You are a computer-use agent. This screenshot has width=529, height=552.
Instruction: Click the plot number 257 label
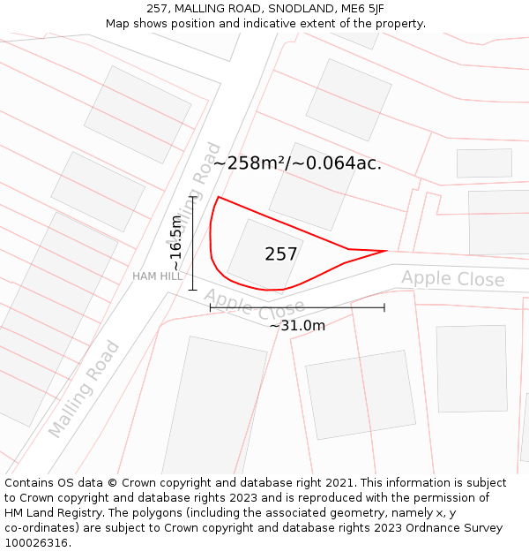coord(280,254)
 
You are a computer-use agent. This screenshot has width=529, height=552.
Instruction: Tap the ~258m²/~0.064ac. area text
coord(297,163)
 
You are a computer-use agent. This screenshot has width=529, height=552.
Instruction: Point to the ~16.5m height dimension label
coord(176,243)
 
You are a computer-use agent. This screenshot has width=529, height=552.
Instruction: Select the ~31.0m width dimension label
coord(297,326)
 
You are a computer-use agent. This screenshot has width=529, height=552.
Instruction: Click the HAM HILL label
coord(158,276)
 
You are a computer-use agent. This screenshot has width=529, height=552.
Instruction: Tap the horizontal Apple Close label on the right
coord(453,279)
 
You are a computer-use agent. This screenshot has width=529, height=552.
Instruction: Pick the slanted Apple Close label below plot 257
coord(254,306)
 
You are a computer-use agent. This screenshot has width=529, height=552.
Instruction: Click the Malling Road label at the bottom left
coord(83,389)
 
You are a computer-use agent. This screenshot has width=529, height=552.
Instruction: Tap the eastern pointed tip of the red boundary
coord(386,251)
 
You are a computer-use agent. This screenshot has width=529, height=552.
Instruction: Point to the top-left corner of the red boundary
coord(218,198)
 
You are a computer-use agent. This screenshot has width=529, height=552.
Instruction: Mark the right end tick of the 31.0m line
coord(384,307)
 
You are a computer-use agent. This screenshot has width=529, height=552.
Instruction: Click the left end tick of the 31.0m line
coord(210,307)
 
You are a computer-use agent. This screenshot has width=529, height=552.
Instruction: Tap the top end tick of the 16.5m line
coord(192,198)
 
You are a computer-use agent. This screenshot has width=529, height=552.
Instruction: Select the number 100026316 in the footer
coord(36,542)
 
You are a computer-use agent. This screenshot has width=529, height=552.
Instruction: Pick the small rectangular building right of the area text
coord(484,163)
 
